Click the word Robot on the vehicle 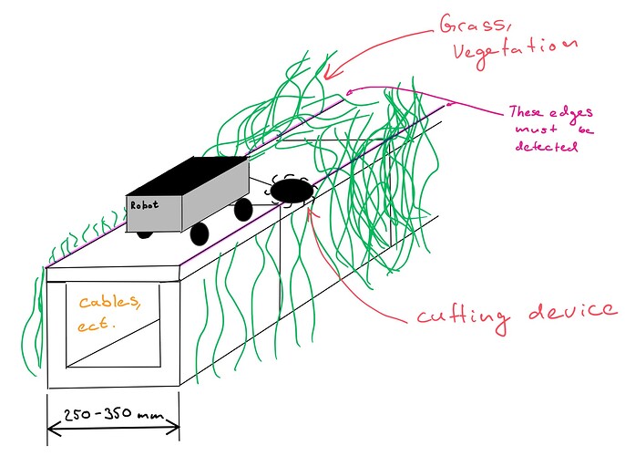click(144, 205)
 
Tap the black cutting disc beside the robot click(292, 191)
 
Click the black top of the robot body click(187, 175)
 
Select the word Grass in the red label click(475, 26)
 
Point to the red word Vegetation click(515, 53)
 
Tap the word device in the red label click(571, 311)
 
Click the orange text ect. click(96, 325)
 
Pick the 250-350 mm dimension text click(114, 414)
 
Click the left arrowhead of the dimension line click(54, 430)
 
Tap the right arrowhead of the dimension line click(172, 427)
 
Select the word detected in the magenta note click(546, 146)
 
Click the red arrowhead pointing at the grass click(329, 74)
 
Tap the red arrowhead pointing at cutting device click(312, 212)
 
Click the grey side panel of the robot click(215, 193)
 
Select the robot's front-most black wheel click(200, 234)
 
